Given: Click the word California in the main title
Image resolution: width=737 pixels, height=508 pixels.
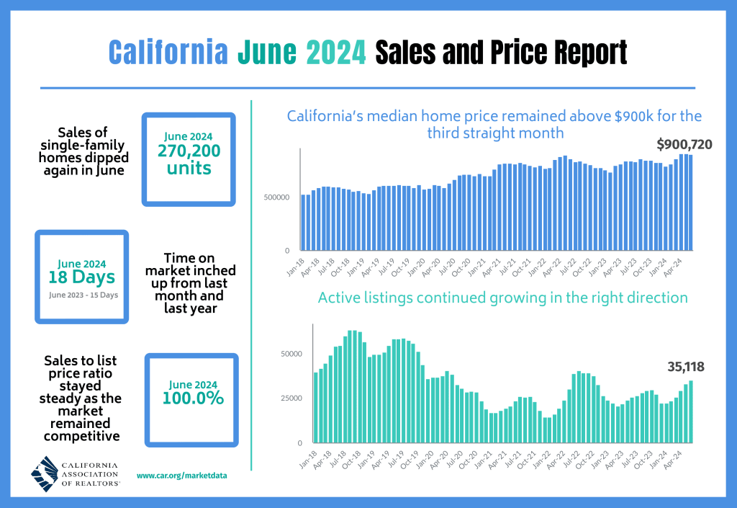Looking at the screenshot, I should pyautogui.click(x=168, y=53).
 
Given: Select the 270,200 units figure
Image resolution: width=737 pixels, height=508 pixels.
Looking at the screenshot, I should pyautogui.click(x=189, y=159).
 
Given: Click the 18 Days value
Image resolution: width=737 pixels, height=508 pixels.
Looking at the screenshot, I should pyautogui.click(x=81, y=277).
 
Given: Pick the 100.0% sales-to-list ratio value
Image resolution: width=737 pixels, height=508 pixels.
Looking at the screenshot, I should pyautogui.click(x=191, y=398).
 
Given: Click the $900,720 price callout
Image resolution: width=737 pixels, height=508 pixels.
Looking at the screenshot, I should pyautogui.click(x=684, y=145).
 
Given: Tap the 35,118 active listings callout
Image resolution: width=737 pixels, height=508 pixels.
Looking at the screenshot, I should pyautogui.click(x=684, y=367).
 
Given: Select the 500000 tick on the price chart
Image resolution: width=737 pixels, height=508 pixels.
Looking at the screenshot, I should pyautogui.click(x=276, y=197).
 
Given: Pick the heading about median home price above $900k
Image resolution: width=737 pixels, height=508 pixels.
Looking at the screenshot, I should pyautogui.click(x=494, y=124).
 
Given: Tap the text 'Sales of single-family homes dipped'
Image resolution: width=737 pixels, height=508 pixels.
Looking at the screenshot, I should pyautogui.click(x=82, y=151).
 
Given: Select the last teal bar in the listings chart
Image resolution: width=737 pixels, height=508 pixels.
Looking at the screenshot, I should pyautogui.click(x=691, y=411).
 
